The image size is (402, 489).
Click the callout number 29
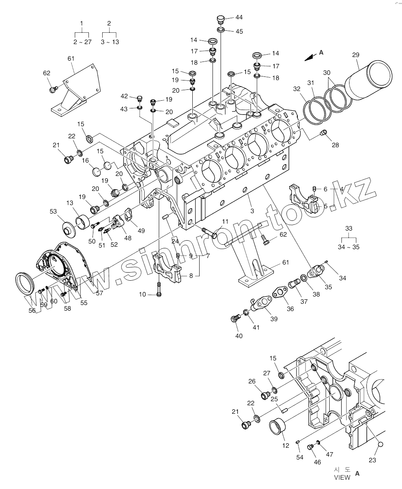pos(356,55)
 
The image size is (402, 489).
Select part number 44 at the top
pos(239,17)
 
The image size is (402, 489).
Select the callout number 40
pos(239,336)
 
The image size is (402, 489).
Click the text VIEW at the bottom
pos(342,477)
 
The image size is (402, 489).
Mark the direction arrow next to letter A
pos(310,57)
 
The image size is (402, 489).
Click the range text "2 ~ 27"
pos(82,42)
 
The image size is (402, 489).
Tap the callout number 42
pos(124,96)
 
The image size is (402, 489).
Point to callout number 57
pos(99,293)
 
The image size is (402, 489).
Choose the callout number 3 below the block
pos(252,211)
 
